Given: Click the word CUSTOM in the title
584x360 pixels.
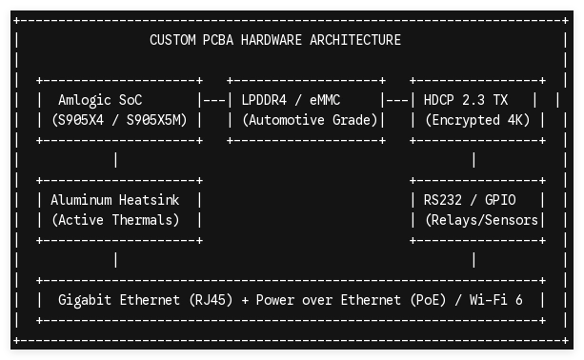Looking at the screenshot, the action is [x=172, y=40].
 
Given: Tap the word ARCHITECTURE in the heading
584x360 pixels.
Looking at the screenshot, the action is [x=355, y=40].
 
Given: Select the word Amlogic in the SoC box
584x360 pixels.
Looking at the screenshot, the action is [x=85, y=100].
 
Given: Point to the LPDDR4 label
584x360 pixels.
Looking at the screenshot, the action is [x=264, y=100].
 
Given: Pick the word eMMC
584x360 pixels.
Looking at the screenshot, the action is [x=325, y=100].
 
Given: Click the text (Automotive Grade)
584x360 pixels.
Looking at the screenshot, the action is [x=310, y=120].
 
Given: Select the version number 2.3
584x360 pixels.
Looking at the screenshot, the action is [x=473, y=100].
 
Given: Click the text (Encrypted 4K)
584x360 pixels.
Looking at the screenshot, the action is [x=477, y=120].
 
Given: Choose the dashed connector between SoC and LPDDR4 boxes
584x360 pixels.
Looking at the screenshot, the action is [x=214, y=100].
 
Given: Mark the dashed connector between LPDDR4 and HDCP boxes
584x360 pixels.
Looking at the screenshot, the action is [x=397, y=100].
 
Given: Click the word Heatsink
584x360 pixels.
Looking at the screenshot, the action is [x=149, y=200].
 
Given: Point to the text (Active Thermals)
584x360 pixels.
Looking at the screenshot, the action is [x=115, y=220].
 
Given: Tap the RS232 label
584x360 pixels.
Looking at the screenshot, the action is [x=442, y=200].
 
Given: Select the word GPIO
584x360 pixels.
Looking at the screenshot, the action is [x=500, y=200].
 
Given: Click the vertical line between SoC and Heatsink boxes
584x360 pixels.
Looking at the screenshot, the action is [x=116, y=160].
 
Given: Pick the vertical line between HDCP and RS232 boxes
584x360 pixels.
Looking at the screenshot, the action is [x=473, y=160].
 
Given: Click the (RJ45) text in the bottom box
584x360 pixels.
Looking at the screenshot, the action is [x=211, y=300].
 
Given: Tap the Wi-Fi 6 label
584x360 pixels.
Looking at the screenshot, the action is [x=496, y=300].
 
